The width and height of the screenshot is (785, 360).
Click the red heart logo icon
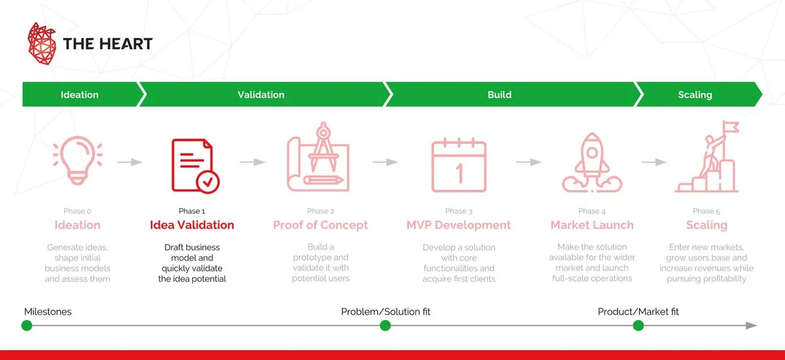tap(43, 44)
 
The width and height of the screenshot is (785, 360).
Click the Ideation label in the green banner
tap(80, 95)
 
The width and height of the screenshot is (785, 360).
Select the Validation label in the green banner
tap(261, 95)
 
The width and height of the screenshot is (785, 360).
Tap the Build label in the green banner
tap(500, 95)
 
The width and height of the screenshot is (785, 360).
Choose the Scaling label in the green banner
tap(695, 95)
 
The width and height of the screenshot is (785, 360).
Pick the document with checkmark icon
tap(195, 166)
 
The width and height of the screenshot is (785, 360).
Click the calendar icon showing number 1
tap(459, 167)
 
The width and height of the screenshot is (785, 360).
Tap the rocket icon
tap(590, 164)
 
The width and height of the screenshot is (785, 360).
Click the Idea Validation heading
tap(192, 225)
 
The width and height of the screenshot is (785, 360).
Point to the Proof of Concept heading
tap(321, 225)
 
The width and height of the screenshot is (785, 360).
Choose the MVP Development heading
tap(459, 225)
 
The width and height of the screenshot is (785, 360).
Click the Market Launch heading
tap(592, 225)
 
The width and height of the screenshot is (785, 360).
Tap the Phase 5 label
tap(706, 211)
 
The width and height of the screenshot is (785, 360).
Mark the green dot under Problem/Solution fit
tap(385, 325)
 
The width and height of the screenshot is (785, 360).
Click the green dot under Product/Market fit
tap(638, 325)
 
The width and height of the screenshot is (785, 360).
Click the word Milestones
tap(48, 312)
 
